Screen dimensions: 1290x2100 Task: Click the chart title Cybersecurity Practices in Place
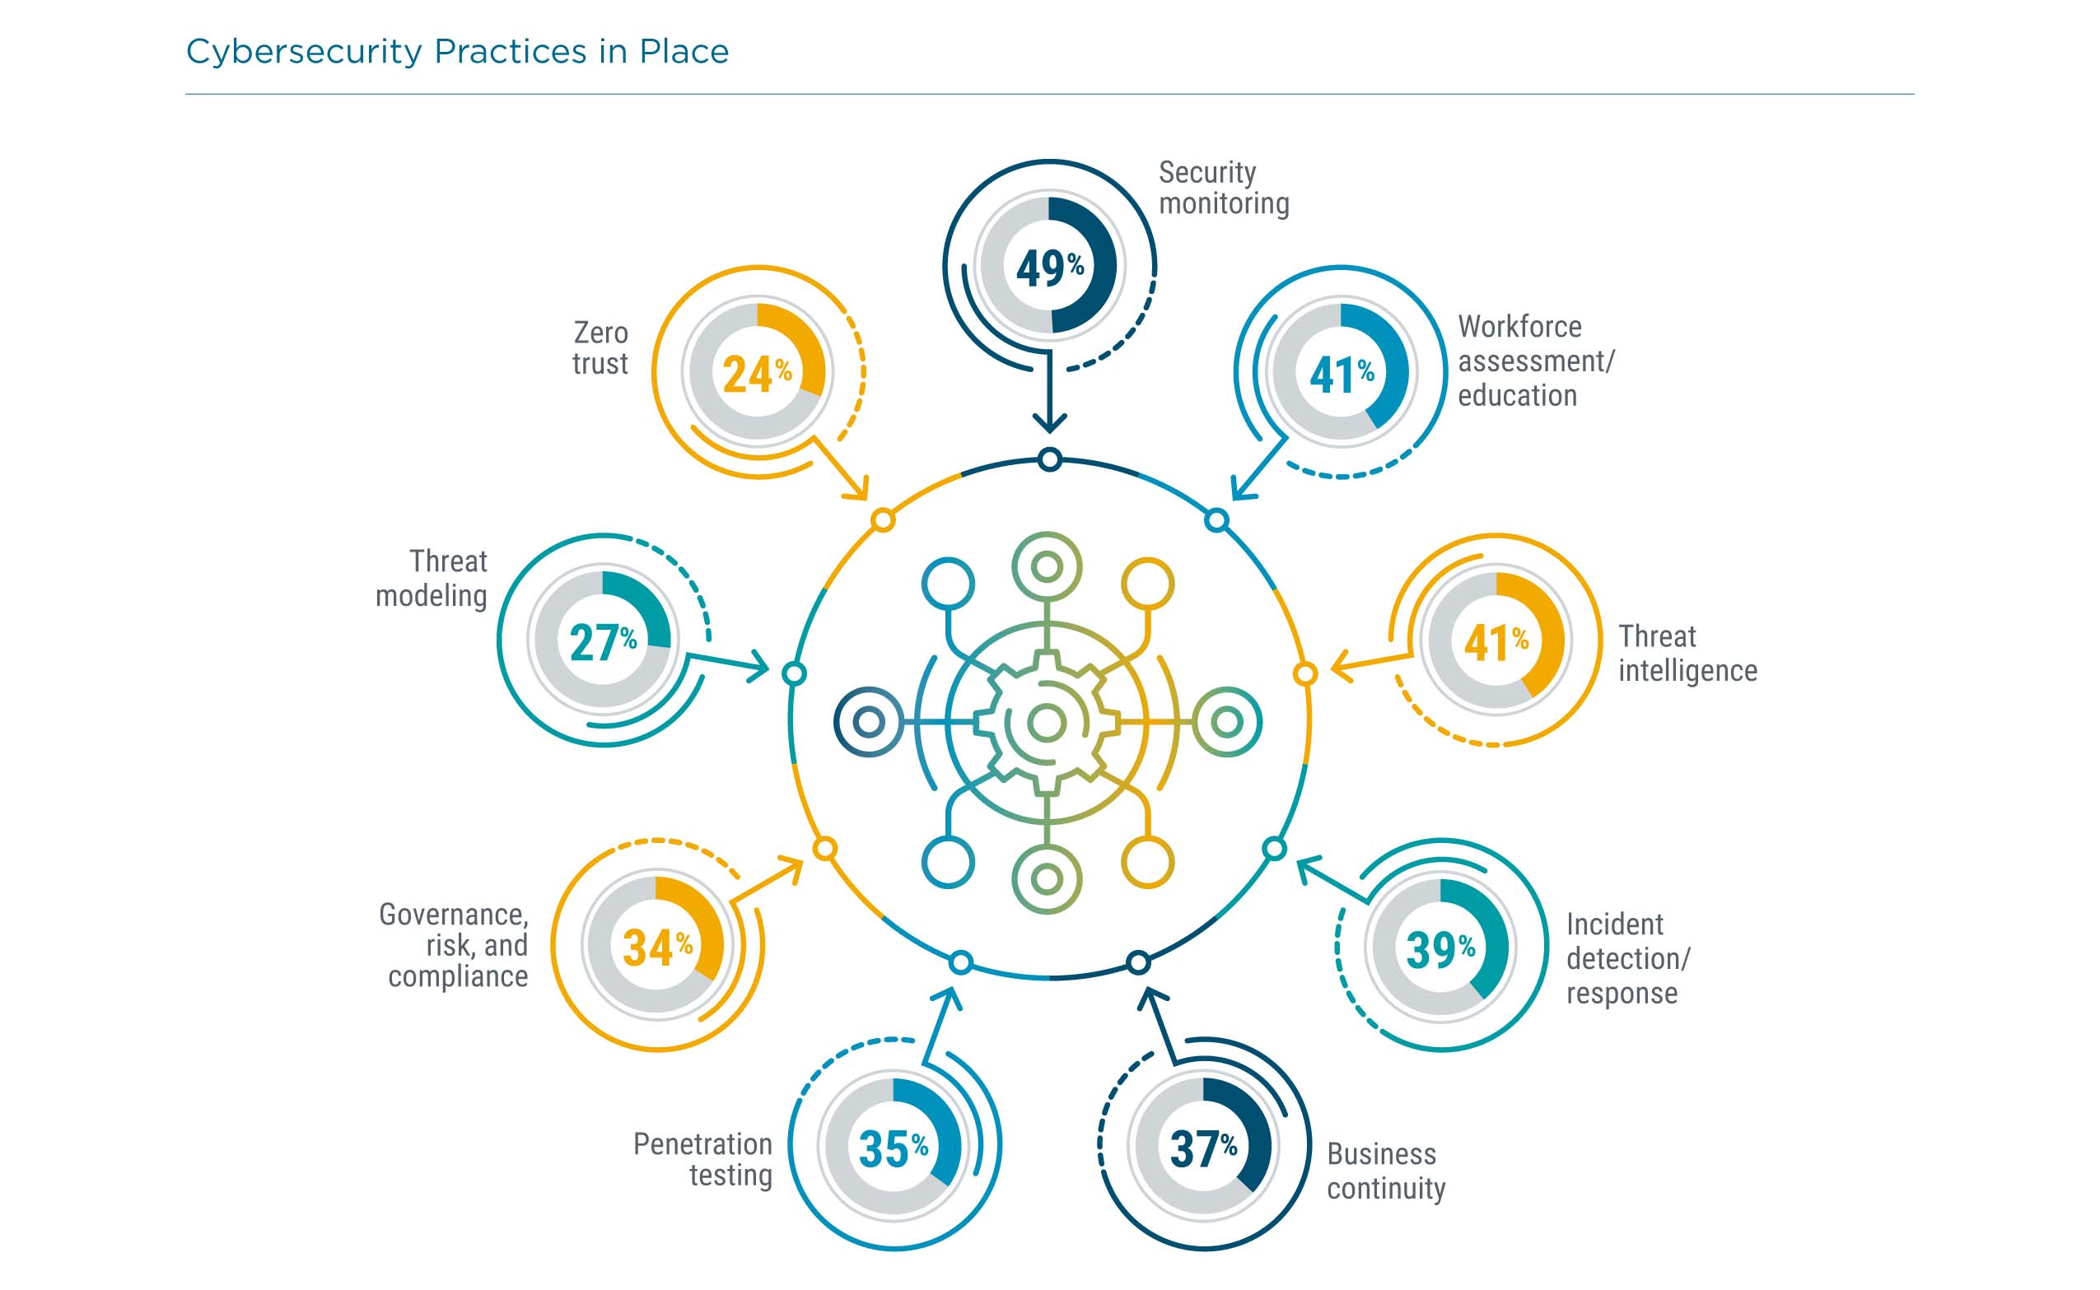click(457, 52)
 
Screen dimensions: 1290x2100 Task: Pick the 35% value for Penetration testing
click(893, 1148)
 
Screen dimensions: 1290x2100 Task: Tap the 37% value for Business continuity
click(1202, 1148)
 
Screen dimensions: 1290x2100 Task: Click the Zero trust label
click(600, 348)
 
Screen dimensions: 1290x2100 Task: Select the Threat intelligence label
click(1687, 654)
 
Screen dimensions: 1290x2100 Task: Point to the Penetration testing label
click(703, 1159)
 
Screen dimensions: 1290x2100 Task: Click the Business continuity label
click(1386, 1171)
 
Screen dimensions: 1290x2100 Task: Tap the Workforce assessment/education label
click(1535, 361)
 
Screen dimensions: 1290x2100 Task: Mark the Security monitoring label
click(1224, 188)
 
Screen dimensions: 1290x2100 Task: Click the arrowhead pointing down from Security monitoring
click(1049, 421)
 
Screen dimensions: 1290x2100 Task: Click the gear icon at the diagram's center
click(1047, 724)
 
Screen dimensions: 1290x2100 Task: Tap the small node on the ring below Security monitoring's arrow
click(1049, 460)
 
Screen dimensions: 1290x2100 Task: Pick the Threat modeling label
click(432, 579)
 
